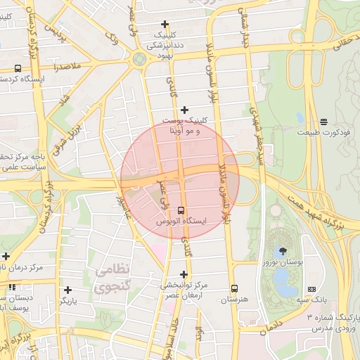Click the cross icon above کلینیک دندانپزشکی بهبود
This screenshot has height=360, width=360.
tap(165, 24)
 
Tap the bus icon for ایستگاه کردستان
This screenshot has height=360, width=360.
tap(17, 68)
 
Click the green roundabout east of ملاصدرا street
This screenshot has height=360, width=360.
tap(139, 58)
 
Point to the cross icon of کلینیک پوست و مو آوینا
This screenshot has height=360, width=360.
tap(184, 110)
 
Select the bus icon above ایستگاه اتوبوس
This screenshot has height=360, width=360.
tap(181, 210)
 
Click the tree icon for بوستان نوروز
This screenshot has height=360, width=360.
tap(283, 251)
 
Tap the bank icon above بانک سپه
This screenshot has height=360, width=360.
tap(311, 289)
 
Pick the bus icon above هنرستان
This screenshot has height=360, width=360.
tap(234, 288)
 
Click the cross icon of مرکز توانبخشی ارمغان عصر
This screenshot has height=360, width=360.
tap(184, 274)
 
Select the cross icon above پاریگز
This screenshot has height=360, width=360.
tap(67, 289)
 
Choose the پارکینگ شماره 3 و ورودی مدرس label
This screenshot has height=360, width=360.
tap(332, 323)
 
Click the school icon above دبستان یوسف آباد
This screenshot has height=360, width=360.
tap(12, 286)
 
